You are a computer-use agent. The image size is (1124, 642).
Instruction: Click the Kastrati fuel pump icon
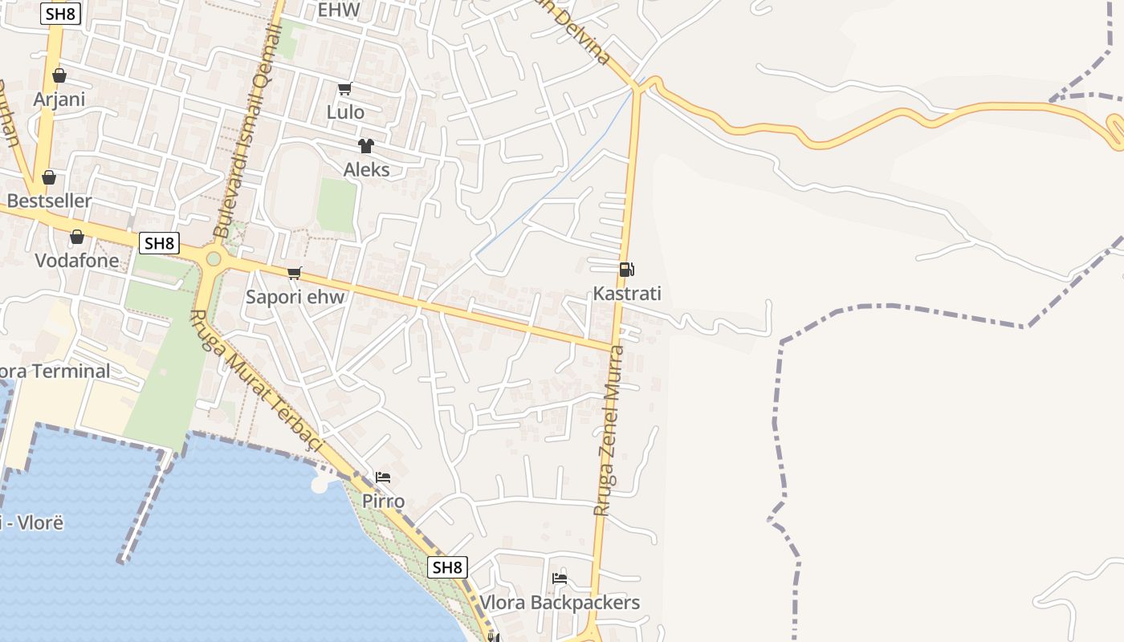click(626, 270)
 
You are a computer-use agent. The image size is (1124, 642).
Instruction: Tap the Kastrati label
click(627, 294)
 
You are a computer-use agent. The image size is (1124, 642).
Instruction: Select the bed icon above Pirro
click(383, 477)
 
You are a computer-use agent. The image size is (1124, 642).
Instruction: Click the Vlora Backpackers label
click(560, 603)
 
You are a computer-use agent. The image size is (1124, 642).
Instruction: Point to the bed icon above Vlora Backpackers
click(560, 578)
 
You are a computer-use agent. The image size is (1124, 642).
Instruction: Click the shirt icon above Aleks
click(366, 146)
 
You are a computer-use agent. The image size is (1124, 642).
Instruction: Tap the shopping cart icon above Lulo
click(344, 88)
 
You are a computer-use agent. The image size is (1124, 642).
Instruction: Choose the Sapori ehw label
click(295, 297)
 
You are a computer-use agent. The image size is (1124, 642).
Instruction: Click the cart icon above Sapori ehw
click(295, 274)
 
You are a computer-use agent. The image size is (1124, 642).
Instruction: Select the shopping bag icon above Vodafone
click(76, 237)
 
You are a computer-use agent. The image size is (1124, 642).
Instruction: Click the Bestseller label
click(49, 201)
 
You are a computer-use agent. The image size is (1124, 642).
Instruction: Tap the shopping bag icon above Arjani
click(59, 76)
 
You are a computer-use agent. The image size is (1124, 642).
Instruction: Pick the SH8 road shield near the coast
click(447, 567)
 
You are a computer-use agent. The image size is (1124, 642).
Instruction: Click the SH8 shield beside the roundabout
click(159, 243)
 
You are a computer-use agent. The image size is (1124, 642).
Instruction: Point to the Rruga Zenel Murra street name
click(608, 430)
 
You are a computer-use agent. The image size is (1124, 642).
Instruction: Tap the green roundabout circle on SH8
click(214, 258)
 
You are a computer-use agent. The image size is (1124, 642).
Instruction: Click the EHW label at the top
click(339, 10)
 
